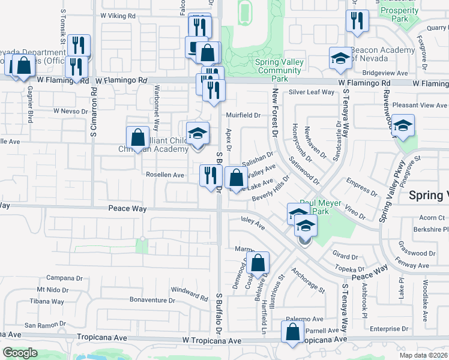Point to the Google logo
[20, 353]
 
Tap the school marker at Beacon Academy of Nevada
[340, 59]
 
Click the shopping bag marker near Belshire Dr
[258, 263]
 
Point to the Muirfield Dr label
[243, 115]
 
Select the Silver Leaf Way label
[311, 92]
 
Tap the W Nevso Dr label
[71, 111]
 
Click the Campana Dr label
[64, 278]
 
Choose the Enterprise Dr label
[389, 329]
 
